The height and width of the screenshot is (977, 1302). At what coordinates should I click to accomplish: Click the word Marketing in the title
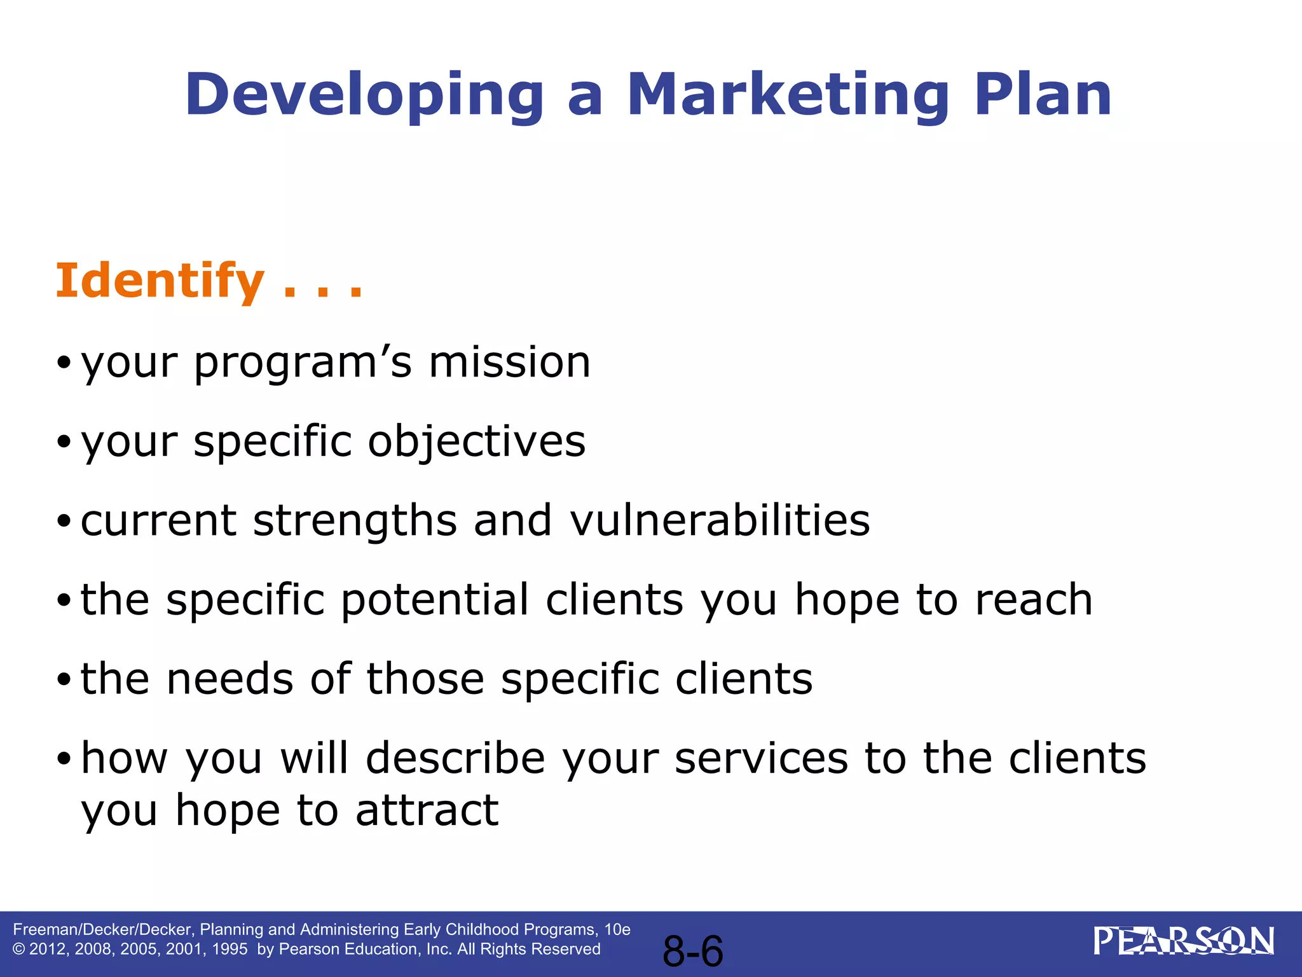788,95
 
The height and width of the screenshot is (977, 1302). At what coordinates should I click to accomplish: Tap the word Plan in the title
1043,95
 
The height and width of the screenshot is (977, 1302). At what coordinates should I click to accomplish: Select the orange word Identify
160,282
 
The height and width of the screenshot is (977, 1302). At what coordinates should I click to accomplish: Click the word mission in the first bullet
509,363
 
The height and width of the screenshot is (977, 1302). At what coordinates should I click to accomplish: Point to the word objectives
476,442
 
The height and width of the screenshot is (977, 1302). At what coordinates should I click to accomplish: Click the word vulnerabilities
719,520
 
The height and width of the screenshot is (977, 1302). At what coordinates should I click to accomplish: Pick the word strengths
355,520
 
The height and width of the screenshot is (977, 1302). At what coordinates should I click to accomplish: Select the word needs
230,679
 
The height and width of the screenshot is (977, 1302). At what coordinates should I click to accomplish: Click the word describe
455,758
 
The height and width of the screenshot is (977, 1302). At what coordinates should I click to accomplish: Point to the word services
761,758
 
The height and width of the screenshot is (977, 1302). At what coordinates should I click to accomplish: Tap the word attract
427,811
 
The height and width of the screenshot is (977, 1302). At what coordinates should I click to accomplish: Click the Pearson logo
1183,942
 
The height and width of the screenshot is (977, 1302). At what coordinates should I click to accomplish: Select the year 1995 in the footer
230,950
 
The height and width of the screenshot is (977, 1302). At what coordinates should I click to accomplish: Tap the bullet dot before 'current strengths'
64,522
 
